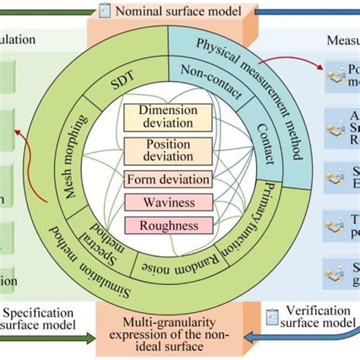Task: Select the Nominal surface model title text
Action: click(x=178, y=11)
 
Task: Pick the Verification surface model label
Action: click(x=314, y=319)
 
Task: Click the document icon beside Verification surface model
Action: click(x=271, y=312)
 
